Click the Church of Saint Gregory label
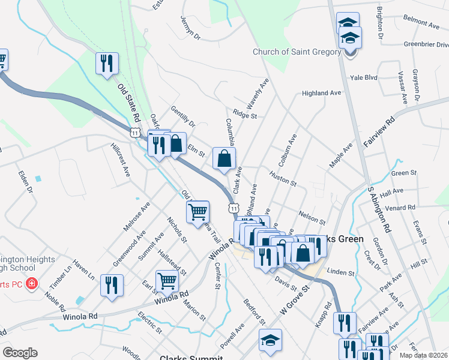(x=297, y=52)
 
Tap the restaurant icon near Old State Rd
(x=107, y=63)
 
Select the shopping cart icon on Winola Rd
(x=167, y=281)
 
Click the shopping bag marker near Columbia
(x=224, y=159)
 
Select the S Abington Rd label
(x=379, y=212)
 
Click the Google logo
(x=20, y=353)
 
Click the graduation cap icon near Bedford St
(x=271, y=340)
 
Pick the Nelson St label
(x=312, y=215)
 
